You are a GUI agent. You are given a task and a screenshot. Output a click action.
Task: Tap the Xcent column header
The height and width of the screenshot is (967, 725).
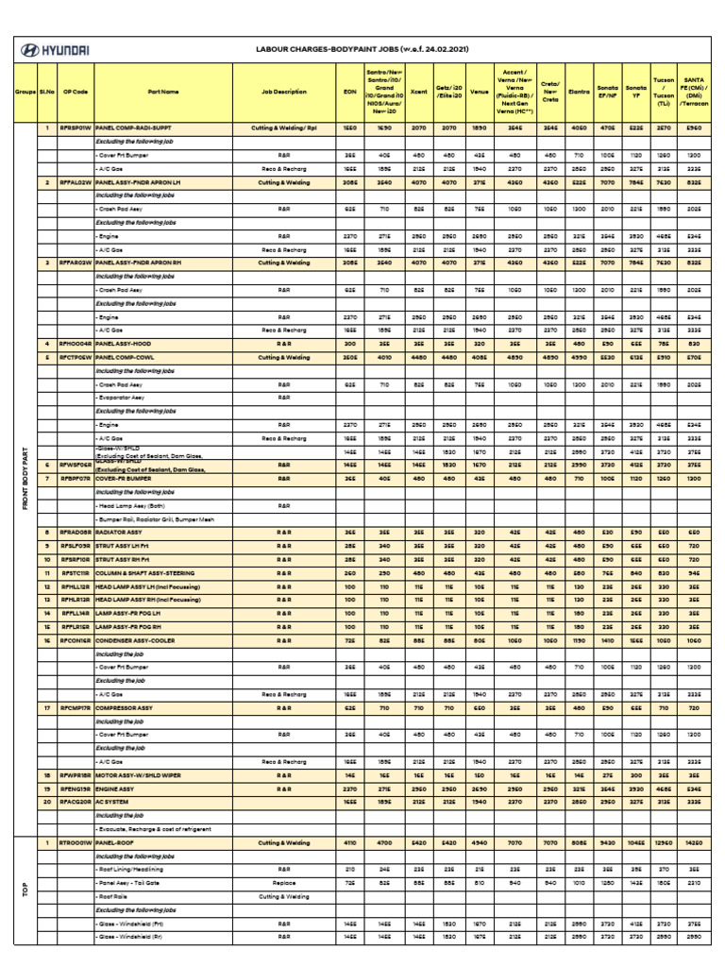[x=419, y=92]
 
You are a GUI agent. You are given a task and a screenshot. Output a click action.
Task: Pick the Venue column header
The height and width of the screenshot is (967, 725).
[x=479, y=92]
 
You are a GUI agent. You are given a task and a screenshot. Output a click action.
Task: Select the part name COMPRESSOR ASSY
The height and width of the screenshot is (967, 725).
[x=127, y=707]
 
